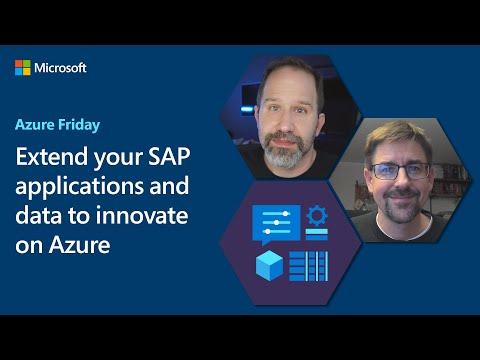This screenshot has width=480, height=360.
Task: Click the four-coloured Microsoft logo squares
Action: [x=23, y=68]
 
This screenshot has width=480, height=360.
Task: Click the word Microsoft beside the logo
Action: [x=60, y=68]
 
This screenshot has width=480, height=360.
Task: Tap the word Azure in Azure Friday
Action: [x=35, y=125]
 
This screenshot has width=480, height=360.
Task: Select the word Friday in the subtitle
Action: [x=79, y=125]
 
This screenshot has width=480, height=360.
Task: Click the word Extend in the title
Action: [x=52, y=156]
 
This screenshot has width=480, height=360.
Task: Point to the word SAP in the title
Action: [x=169, y=156]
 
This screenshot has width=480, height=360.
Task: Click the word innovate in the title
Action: [x=142, y=215]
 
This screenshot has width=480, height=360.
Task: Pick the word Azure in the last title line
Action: [x=79, y=245]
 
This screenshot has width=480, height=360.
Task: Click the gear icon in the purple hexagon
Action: [x=317, y=216]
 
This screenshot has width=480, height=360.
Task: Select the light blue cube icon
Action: [x=269, y=265]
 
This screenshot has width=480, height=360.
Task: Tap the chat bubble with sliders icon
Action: [x=276, y=224]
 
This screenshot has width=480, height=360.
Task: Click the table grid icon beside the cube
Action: [x=308, y=266]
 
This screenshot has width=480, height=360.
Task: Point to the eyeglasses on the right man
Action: [x=400, y=171]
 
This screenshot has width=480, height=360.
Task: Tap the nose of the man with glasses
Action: [x=400, y=182]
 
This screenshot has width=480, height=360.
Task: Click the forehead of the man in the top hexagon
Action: [x=289, y=87]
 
